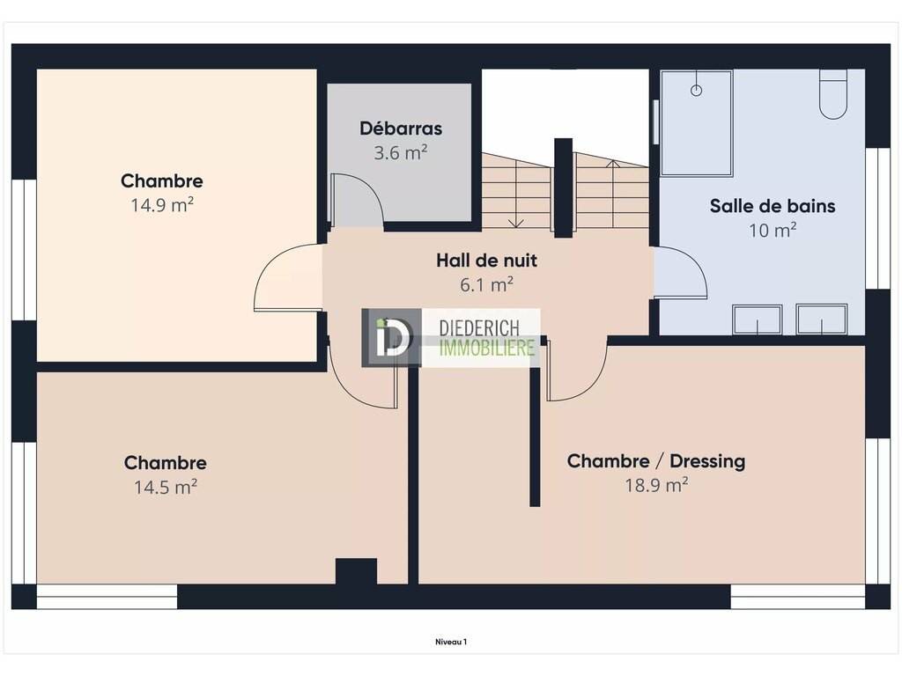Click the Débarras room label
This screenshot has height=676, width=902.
point(401,129)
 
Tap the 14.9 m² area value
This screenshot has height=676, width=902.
point(162,204)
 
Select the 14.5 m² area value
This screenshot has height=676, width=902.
point(166,487)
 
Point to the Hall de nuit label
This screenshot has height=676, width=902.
point(486,261)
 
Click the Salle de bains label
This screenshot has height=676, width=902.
point(773,206)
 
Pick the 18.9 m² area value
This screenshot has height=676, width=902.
point(656,485)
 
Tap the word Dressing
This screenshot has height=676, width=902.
point(707,461)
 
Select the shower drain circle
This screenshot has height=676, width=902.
point(696,91)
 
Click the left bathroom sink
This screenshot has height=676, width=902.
point(757,320)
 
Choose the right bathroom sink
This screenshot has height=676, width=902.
point(822,320)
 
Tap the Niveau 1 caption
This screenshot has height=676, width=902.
point(451,642)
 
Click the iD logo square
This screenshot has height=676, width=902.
point(391,338)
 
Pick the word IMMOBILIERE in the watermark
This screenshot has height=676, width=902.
point(487,347)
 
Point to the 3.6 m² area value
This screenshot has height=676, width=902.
point(401,152)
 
